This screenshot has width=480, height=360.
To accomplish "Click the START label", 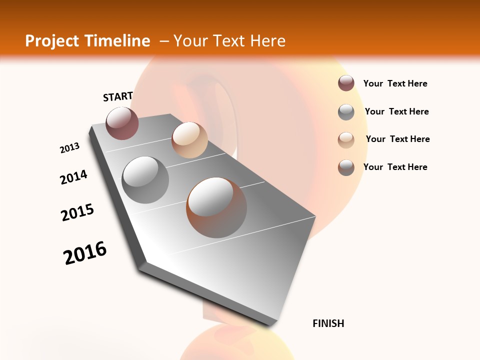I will click(118, 96).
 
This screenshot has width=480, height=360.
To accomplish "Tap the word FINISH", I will click(328, 323).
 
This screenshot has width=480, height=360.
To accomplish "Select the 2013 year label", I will click(70, 148).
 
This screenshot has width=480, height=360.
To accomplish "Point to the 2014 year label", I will click(74, 177).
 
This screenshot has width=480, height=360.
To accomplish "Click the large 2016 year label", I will click(85, 253).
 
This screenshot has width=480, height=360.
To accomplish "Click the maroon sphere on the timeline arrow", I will click(122, 123).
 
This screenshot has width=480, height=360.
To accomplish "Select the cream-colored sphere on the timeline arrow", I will click(189, 140).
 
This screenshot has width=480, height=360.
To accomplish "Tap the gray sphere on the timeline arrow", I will click(145, 179).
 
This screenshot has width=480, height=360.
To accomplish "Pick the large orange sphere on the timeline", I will click(216, 207).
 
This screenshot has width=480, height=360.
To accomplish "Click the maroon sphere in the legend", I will click(346, 83).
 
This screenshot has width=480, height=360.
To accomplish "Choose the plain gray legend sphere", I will click(346, 112).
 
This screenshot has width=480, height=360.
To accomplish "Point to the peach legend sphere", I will click(346, 139).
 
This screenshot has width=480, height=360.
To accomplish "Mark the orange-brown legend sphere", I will click(346, 167).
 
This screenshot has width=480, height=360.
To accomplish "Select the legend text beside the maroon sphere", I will click(395, 83).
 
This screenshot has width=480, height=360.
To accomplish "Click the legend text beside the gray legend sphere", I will click(396, 111).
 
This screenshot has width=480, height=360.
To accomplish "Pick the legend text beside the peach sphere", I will click(397, 139).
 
